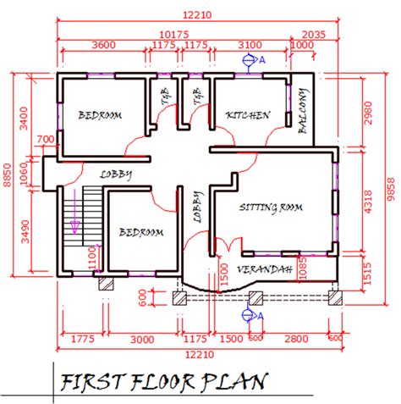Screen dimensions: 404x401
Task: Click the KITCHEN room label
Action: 247,114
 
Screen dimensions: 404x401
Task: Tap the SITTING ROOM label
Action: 271,207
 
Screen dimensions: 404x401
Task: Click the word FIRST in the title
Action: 92,382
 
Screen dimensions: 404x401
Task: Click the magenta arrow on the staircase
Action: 74,225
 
